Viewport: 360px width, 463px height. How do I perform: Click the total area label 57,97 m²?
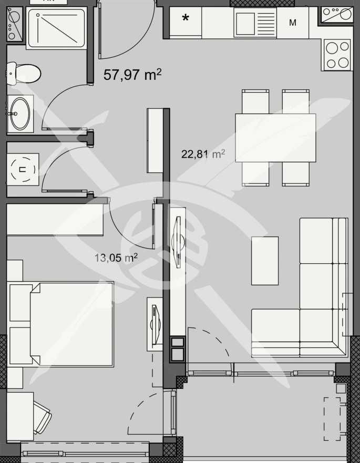(132, 75)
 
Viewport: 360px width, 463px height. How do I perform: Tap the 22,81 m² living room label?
(203, 154)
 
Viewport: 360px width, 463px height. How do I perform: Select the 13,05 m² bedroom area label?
(116, 258)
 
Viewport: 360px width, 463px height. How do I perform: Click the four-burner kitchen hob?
(337, 55)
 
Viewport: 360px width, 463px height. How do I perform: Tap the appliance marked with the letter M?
(293, 23)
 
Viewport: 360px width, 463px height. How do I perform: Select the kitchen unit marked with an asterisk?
(186, 20)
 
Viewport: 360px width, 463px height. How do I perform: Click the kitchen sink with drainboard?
(254, 22)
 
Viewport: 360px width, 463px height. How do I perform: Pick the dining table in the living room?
(275, 138)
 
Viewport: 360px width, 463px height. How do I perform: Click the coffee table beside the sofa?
(265, 260)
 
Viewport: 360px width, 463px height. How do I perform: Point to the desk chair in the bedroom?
(42, 415)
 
